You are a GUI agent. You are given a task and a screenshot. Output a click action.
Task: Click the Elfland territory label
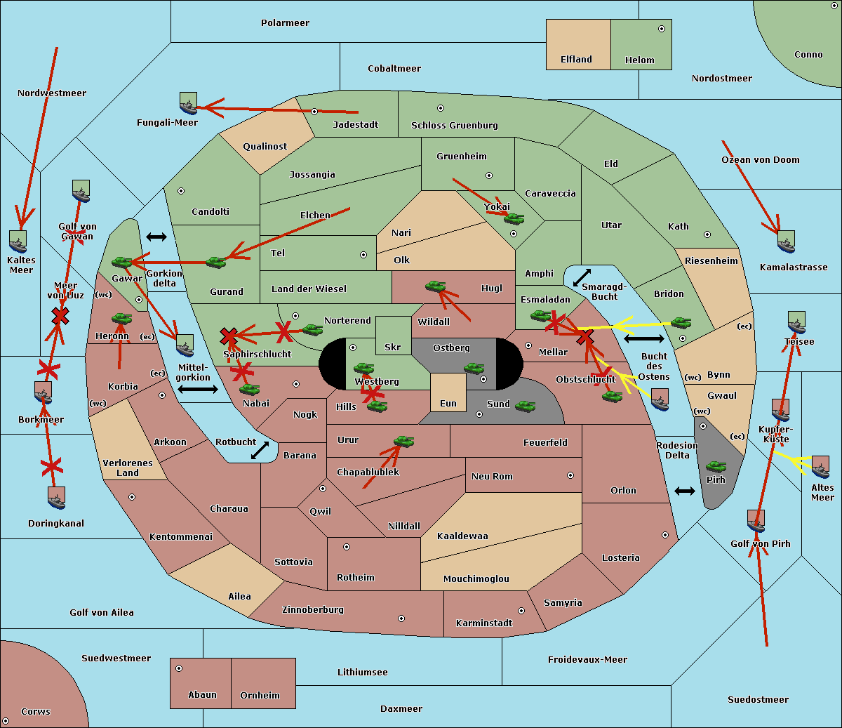pos(576,60)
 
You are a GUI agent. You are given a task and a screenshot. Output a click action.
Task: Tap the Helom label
pos(639,60)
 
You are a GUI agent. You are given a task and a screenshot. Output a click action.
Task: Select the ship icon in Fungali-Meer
pos(188,103)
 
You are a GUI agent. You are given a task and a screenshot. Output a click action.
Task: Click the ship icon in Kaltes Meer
pos(18,241)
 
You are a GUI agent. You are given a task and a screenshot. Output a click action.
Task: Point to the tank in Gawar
pos(122,263)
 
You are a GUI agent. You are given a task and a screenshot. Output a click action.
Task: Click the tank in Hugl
pos(436,286)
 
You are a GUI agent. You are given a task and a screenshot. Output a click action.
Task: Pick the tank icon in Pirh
pos(716,467)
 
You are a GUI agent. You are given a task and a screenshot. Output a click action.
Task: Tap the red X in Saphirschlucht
pos(228,336)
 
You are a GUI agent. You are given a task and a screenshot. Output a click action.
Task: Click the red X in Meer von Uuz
pos(60,316)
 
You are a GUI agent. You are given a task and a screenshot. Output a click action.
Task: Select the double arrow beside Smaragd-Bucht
pos(582,278)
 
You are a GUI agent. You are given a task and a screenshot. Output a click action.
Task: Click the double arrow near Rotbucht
pos(260,450)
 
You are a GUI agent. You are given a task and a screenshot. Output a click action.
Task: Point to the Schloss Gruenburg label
pos(454,126)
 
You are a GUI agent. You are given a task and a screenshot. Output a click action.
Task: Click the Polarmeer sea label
pos(285,23)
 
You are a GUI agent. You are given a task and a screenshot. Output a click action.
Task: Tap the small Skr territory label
pos(392,347)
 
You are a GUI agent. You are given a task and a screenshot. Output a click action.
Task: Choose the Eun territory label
pos(448,404)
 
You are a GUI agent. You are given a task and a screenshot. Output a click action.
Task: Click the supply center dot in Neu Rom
pos(570,475)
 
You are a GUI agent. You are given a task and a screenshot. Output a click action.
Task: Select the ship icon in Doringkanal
pos(56,498)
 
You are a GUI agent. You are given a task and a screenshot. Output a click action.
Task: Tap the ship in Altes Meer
pos(820,467)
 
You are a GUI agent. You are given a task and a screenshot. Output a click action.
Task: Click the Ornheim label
pos(260,695)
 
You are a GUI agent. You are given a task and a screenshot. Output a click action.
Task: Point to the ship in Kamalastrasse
pos(787,241)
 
